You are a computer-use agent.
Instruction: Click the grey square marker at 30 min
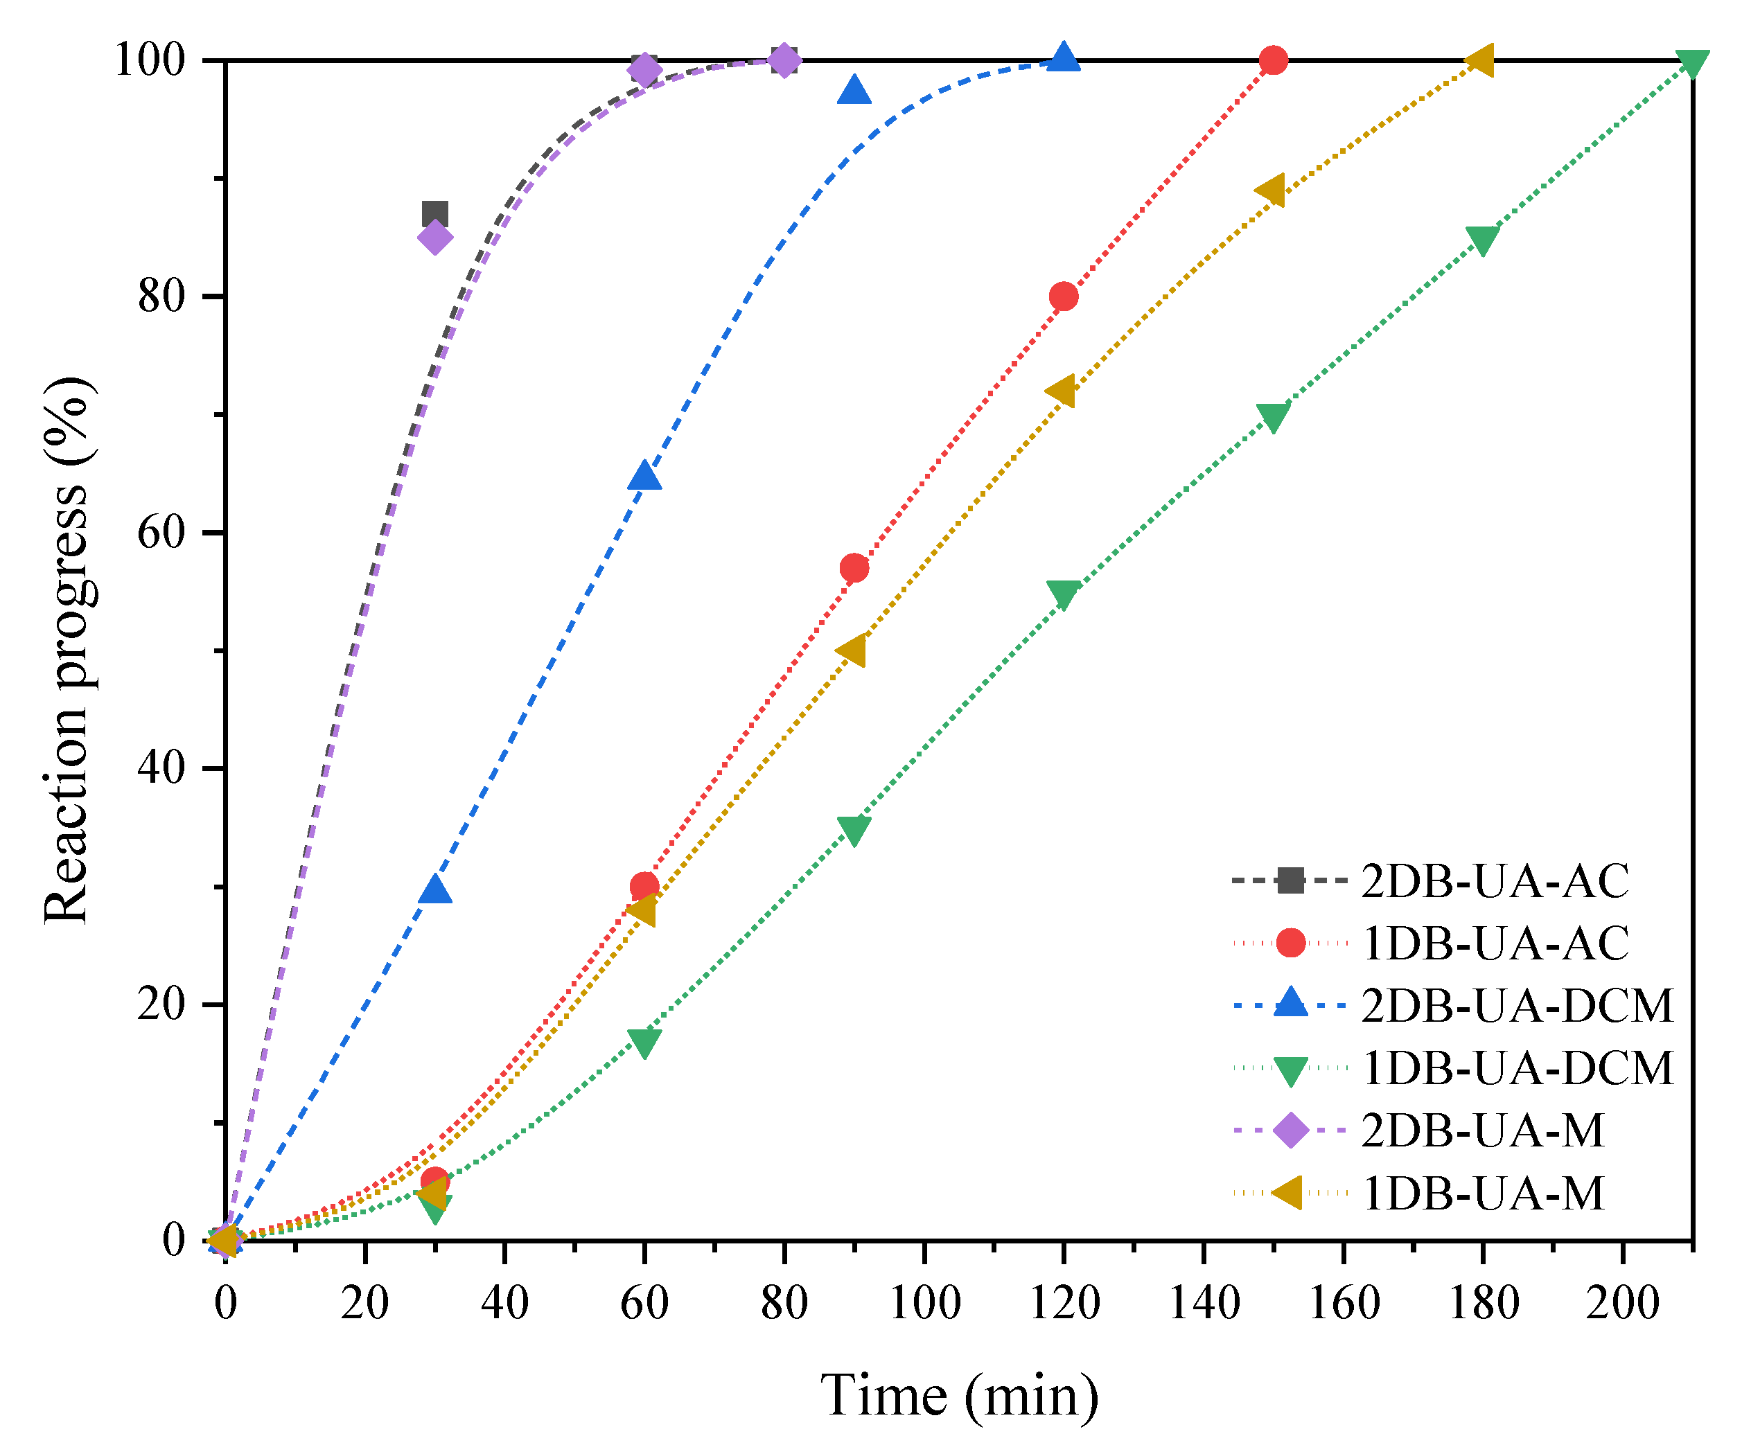point(434,215)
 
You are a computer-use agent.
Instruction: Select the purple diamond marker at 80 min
point(784,60)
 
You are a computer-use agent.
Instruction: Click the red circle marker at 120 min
point(1064,296)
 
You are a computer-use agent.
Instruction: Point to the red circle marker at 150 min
point(1272,60)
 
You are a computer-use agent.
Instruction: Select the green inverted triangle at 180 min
point(1482,239)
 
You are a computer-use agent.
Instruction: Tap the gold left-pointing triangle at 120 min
point(1062,391)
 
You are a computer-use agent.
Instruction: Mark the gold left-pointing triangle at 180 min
point(1481,60)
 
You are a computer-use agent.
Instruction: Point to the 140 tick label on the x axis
point(1204,1302)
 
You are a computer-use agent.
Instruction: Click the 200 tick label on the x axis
point(1623,1302)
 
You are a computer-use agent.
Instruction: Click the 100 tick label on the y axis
point(149,60)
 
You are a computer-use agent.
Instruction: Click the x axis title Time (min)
point(960,1396)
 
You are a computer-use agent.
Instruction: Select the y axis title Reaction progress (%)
point(67,650)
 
